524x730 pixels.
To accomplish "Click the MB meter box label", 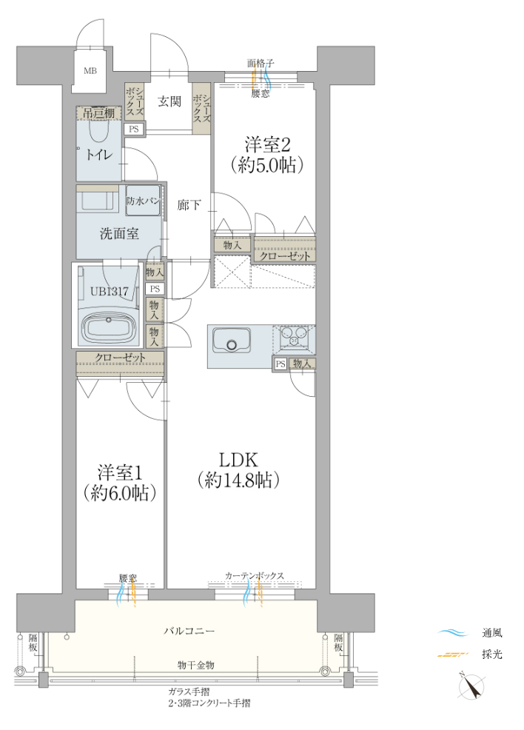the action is click(90, 71).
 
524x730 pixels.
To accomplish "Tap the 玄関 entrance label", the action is click(169, 101).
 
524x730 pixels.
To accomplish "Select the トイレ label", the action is click(98, 154).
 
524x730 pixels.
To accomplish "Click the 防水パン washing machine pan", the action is click(144, 201).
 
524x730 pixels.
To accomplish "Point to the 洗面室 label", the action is click(120, 233).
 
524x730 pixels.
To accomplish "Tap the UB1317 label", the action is click(109, 292).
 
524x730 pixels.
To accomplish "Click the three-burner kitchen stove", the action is click(294, 337).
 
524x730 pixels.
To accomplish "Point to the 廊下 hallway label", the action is click(189, 205).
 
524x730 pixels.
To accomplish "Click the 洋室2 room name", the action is click(268, 145).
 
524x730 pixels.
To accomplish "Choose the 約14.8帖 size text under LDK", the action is click(238, 480).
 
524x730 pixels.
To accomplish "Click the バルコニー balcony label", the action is click(189, 631).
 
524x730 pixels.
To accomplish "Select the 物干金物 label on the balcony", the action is click(196, 666).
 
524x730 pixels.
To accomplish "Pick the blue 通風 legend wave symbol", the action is click(452, 633).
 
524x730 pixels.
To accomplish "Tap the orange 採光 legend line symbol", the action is click(452, 655).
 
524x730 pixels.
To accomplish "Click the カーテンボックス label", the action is click(255, 576).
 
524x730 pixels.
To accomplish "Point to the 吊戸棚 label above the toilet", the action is click(98, 113).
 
